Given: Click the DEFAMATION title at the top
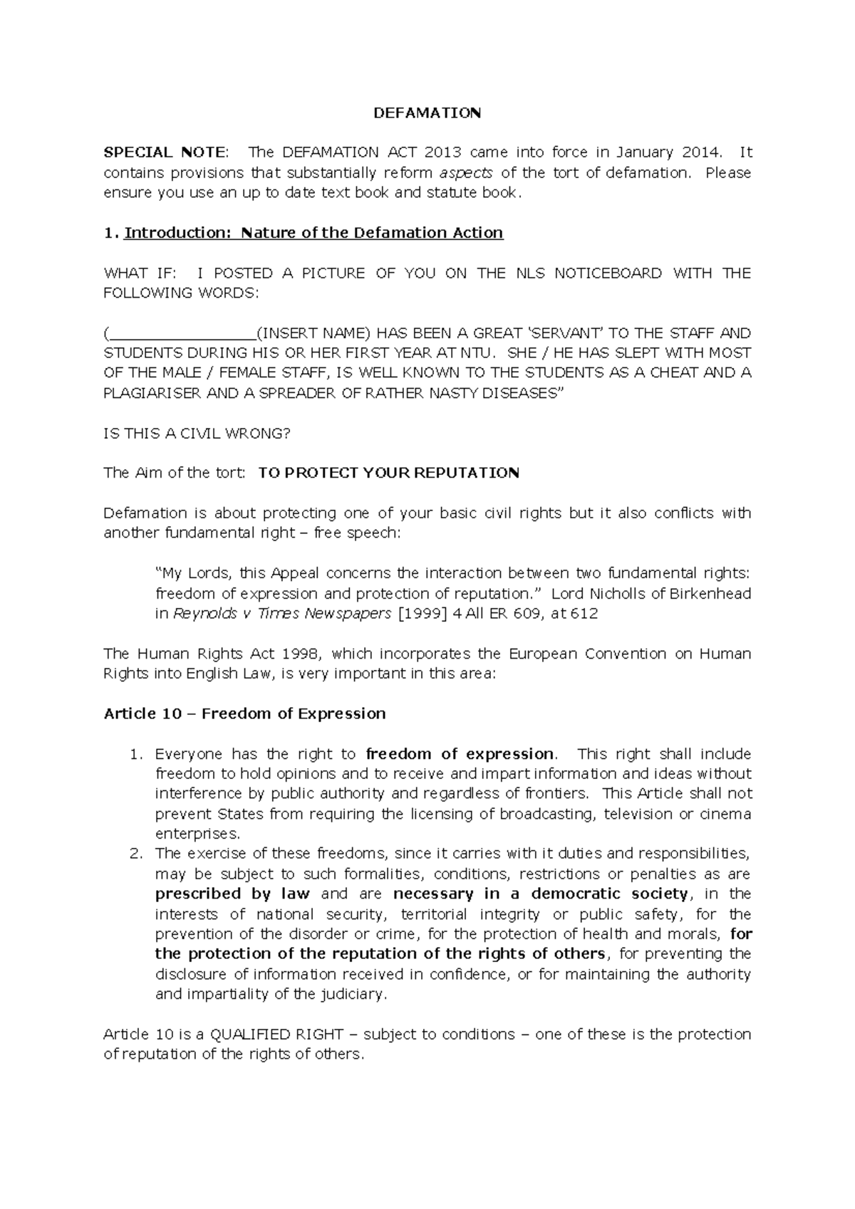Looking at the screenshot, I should point(427,112).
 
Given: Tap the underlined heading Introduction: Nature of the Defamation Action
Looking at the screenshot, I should point(313,233).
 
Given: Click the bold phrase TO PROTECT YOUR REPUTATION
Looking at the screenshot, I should point(388,473).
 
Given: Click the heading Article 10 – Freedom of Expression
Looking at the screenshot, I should point(244,713).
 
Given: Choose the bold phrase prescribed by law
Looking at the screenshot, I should point(232,894).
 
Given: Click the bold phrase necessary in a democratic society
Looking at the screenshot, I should point(540,894).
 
